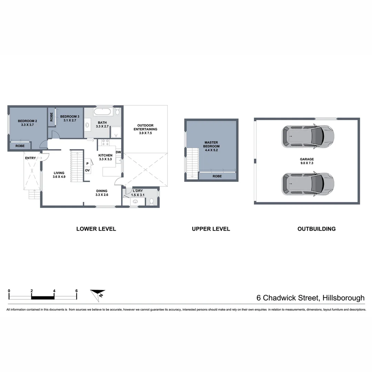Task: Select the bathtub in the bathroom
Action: tap(102, 112)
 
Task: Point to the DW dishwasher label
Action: tap(118, 152)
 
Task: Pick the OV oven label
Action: tap(87, 170)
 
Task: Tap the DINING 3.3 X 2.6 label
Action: tap(102, 193)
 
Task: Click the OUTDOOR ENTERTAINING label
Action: tap(145, 127)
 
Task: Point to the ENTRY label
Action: tap(30, 158)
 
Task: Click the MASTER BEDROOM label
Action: tap(211, 144)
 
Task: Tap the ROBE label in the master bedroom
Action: tap(217, 176)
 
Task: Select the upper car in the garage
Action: tap(308, 136)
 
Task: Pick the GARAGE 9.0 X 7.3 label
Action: tap(307, 161)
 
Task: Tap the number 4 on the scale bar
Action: tap(54, 291)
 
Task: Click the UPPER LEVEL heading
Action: tap(211, 229)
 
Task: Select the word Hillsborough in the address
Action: tap(342, 298)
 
